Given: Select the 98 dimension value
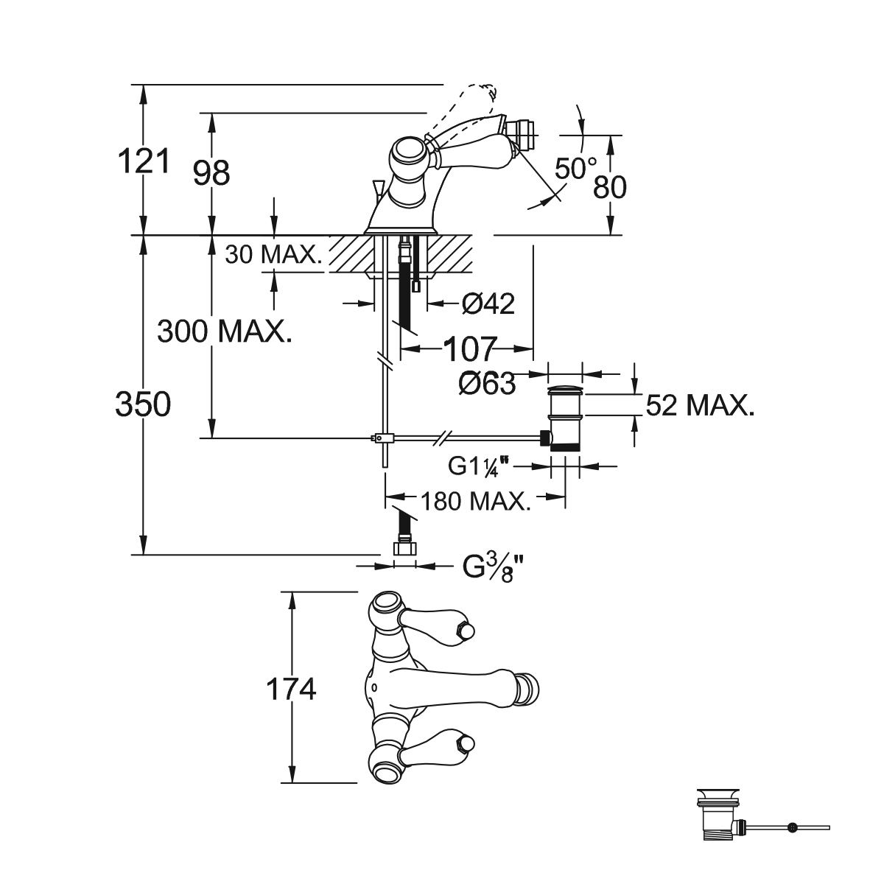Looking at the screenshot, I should coord(211,173).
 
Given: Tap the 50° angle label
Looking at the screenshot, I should coord(575,169).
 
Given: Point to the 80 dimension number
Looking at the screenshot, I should coord(610,187).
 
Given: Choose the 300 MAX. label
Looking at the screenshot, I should coord(225,331).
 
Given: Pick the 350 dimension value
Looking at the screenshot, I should coord(143,404).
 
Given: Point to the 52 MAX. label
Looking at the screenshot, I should coord(700,405).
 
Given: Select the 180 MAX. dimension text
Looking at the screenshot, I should coord(475,502).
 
